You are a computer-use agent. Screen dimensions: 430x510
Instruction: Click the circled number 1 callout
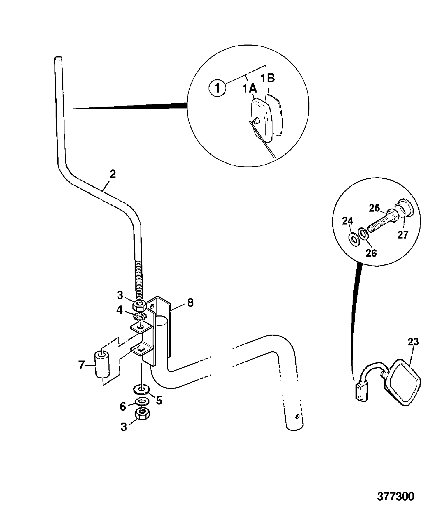[217, 89]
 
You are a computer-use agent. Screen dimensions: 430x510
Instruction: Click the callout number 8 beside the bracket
[190, 302]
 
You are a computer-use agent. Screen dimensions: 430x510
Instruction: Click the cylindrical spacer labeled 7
[102, 364]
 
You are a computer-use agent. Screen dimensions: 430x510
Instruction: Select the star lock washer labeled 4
[139, 316]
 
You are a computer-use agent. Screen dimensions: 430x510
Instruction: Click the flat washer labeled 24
[353, 239]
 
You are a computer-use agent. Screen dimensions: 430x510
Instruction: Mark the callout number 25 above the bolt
[374, 208]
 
